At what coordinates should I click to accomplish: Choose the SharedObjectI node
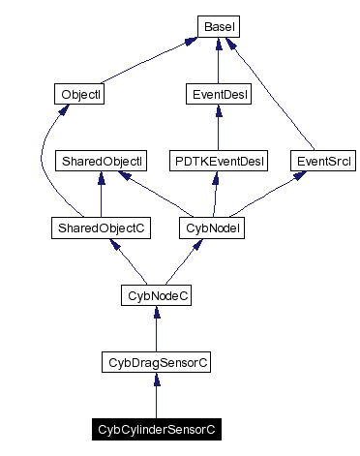101,160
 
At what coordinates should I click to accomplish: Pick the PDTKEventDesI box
218,160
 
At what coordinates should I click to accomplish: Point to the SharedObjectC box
101,228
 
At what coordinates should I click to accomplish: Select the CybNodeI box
211,228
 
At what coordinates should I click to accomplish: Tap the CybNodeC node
156,294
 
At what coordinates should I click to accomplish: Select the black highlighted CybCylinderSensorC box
156,428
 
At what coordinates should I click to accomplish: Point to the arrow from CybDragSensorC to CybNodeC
156,328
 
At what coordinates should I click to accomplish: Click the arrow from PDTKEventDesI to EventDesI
218,127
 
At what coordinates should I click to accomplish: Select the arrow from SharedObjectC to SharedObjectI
101,194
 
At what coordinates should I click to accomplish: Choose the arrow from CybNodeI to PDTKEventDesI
214,194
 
